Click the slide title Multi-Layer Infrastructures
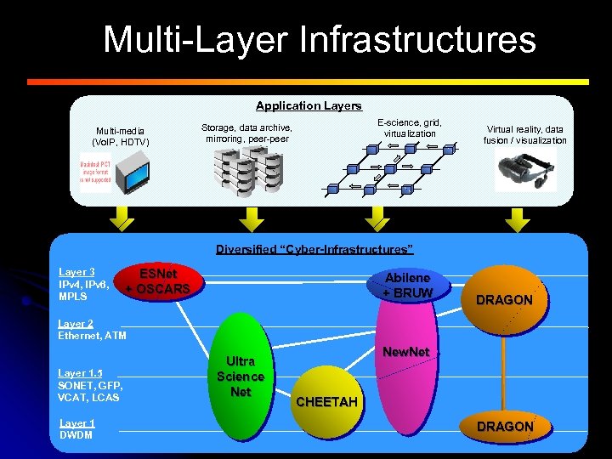(x=319, y=40)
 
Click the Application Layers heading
(x=309, y=106)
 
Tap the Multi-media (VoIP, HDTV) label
(x=122, y=136)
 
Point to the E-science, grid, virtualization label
(x=409, y=128)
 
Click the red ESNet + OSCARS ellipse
(x=159, y=281)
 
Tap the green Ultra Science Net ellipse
(x=240, y=377)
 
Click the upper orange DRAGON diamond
(x=504, y=300)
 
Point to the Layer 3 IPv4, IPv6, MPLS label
(x=83, y=285)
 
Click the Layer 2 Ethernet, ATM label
(x=92, y=329)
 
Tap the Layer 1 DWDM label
(x=77, y=429)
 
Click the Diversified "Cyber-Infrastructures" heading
(x=314, y=249)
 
